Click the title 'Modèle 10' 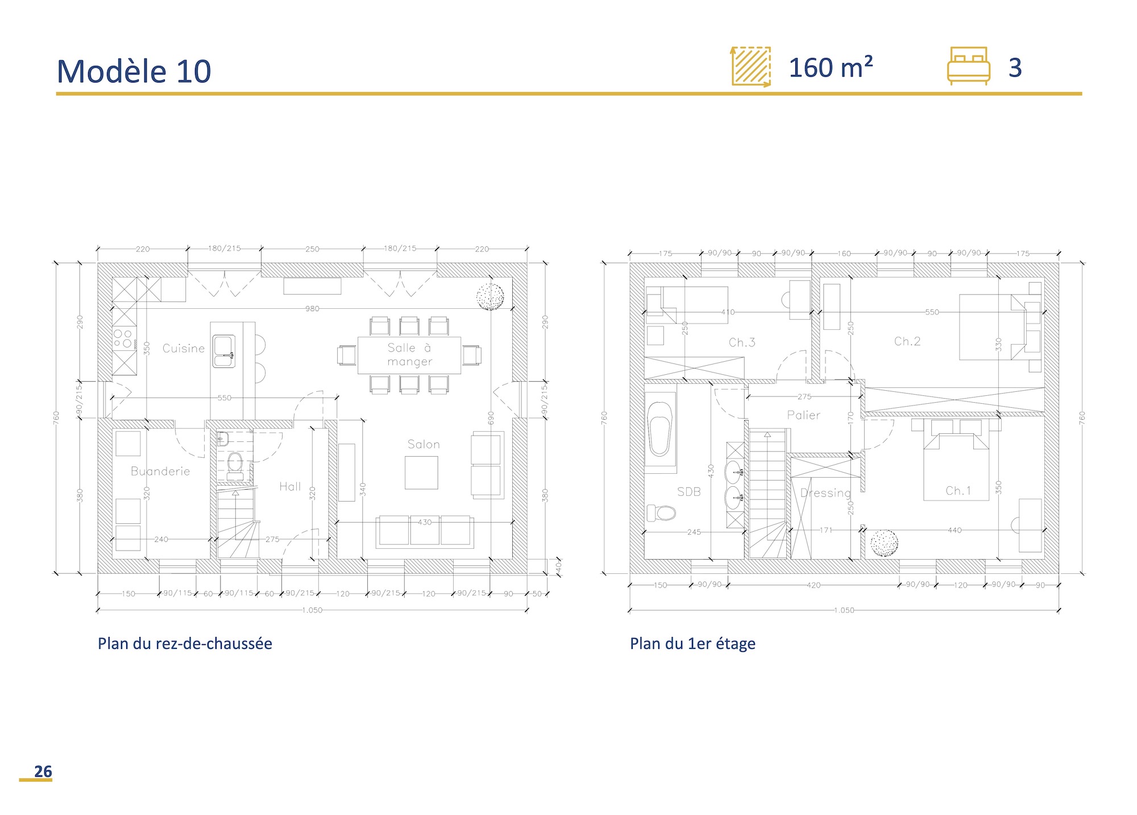coord(134,72)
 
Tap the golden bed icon coord(968,66)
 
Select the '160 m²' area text coord(830,68)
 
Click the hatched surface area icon coord(751,67)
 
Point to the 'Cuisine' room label coord(183,348)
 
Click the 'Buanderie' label coord(160,471)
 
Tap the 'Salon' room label coord(424,444)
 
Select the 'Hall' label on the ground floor coord(290,486)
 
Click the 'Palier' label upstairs coord(803,415)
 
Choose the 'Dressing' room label coord(825,493)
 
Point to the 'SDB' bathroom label coord(688,492)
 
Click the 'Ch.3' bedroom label coord(742,342)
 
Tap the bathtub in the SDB coord(660,429)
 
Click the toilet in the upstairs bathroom coord(661,513)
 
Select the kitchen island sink coord(224,351)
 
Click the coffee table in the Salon coord(421,473)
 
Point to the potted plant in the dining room coord(489,297)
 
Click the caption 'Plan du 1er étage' coord(692,643)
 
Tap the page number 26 coord(43,771)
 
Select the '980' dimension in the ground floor coord(312,309)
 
